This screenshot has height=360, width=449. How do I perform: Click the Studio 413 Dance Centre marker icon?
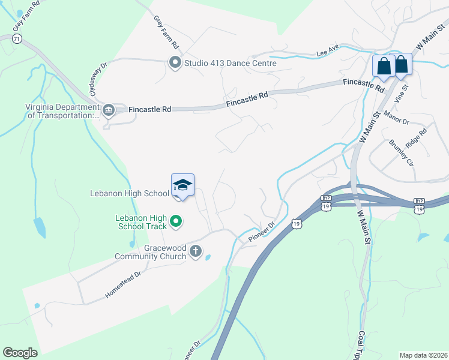(175, 62)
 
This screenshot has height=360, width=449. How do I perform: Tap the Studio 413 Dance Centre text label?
(231, 63)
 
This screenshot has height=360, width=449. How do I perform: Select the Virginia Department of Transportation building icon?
(109, 109)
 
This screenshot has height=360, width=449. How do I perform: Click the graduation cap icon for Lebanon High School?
(183, 185)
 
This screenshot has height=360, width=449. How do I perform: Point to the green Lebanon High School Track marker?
(176, 222)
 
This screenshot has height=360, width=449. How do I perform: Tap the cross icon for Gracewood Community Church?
(195, 251)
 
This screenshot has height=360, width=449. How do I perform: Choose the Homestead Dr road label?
(122, 283)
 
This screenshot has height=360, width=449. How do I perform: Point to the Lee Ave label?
(328, 54)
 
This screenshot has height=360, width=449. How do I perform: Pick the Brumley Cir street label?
(402, 153)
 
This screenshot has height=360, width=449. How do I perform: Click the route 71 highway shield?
(17, 38)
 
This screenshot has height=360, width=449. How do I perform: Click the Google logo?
(20, 353)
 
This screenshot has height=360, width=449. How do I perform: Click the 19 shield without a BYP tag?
(296, 224)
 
